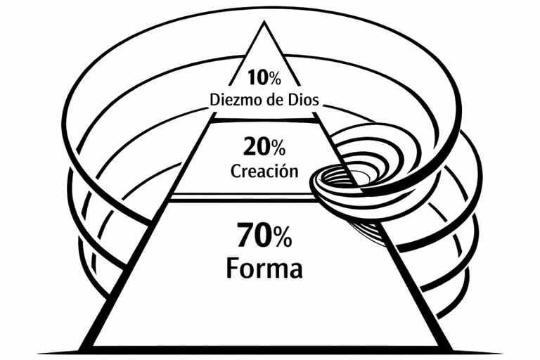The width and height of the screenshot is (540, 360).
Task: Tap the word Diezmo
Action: click(237, 99)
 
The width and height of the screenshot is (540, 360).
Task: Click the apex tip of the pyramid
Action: click(264, 23)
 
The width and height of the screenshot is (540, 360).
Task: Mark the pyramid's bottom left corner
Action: click(83, 349)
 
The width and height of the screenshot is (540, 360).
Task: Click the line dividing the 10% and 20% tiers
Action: click(264, 120)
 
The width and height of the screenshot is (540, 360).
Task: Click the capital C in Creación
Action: click(236, 171)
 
